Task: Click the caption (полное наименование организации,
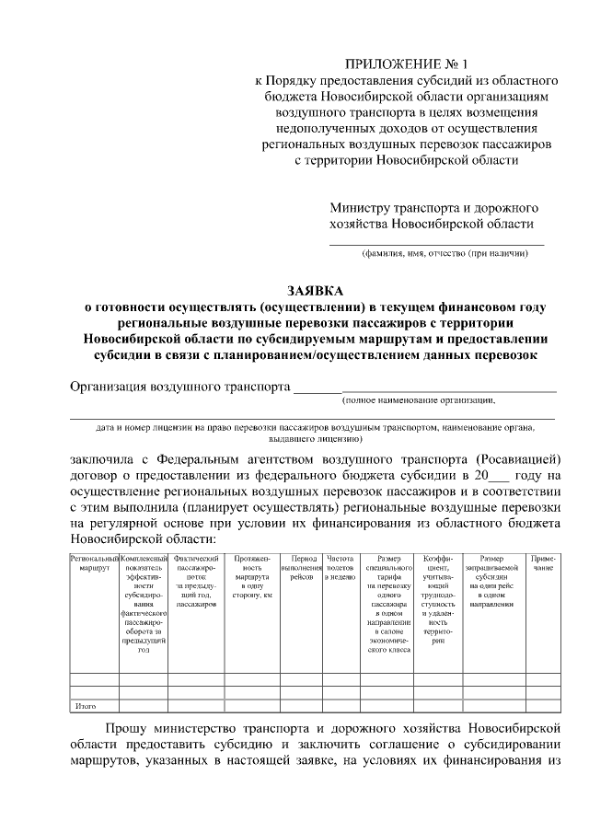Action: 419,400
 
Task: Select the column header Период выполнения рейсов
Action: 304,563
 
